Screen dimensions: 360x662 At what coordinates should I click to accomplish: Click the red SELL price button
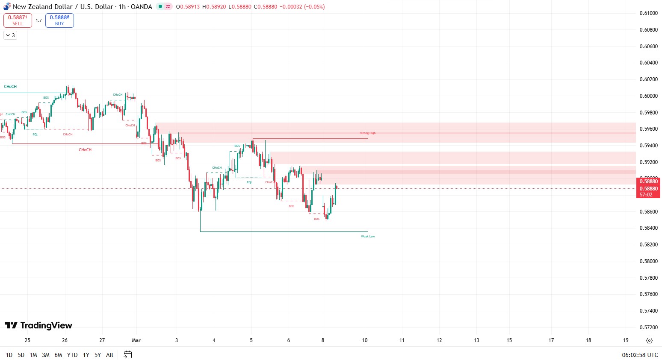pos(18,20)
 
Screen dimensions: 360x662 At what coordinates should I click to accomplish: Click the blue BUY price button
pos(59,20)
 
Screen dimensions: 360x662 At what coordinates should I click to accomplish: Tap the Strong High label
pos(367,133)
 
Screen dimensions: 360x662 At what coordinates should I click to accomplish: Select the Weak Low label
pos(368,237)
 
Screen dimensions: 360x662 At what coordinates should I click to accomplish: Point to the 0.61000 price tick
pos(648,13)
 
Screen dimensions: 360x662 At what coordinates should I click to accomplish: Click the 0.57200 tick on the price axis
pos(648,328)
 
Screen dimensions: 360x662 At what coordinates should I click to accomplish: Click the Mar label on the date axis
pos(136,340)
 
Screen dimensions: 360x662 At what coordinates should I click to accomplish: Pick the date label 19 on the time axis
pos(626,340)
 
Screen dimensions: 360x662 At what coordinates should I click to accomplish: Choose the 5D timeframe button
pos(21,355)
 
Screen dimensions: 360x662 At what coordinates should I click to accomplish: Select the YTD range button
pos(72,355)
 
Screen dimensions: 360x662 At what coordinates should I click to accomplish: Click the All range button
pos(109,355)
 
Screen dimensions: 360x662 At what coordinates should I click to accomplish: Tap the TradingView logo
pos(38,326)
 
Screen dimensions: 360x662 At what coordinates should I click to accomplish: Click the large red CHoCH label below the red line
pos(85,150)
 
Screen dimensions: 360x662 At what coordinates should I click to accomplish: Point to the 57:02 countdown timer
pos(646,195)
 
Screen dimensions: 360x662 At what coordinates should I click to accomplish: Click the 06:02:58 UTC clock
pos(640,355)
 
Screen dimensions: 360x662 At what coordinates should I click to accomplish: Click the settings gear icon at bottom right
pos(649,340)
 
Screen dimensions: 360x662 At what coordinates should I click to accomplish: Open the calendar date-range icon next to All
pos(127,354)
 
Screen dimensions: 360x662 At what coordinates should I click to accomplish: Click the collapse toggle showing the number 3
pos(10,35)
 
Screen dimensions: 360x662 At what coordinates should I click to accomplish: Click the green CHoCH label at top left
pos(10,87)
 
